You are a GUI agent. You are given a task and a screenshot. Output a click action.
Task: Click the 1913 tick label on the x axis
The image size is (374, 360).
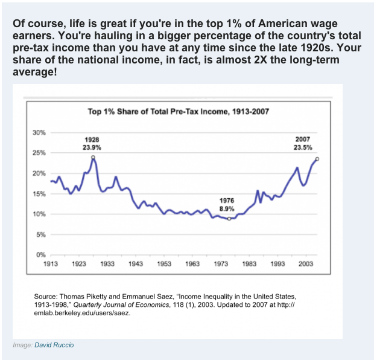51,264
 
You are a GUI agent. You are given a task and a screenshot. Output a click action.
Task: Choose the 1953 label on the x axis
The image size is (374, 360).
164,264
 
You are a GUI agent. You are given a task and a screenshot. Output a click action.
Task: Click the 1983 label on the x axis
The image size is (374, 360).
249,264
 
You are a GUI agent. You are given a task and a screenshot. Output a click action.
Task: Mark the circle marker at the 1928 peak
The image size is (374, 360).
93,157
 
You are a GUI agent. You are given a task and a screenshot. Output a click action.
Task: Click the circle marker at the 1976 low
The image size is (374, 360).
229,219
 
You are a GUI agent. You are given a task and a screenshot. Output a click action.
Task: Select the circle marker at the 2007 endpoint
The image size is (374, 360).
317,159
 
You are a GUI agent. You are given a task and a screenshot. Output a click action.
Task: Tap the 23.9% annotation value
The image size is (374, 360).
92,147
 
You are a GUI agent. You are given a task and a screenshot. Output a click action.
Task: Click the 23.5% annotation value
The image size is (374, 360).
303,147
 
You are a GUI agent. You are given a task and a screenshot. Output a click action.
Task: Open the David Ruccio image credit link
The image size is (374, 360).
55,345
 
